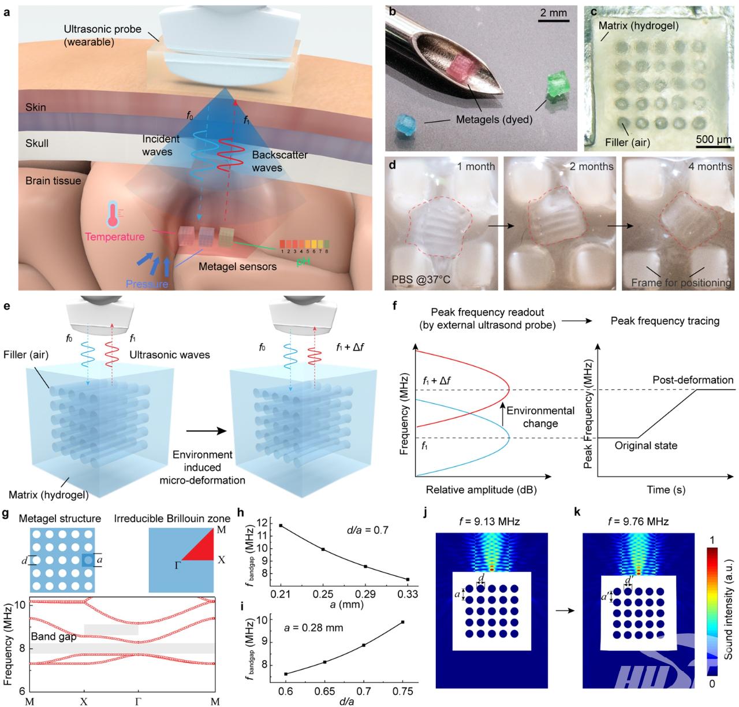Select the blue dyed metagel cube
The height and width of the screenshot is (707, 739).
[405, 125]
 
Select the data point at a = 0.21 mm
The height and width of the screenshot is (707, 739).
[281, 525]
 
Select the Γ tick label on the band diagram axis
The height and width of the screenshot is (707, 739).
[137, 701]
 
